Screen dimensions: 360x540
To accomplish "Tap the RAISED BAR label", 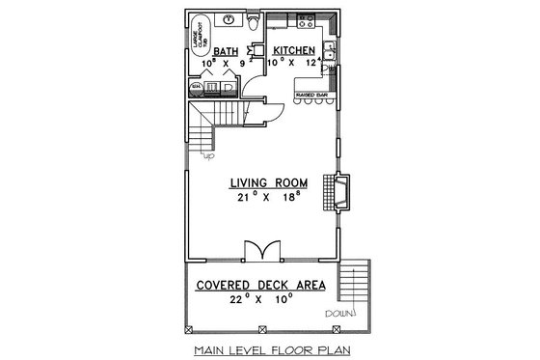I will coord(312,95).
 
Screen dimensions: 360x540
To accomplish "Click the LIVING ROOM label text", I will coord(269,182).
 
